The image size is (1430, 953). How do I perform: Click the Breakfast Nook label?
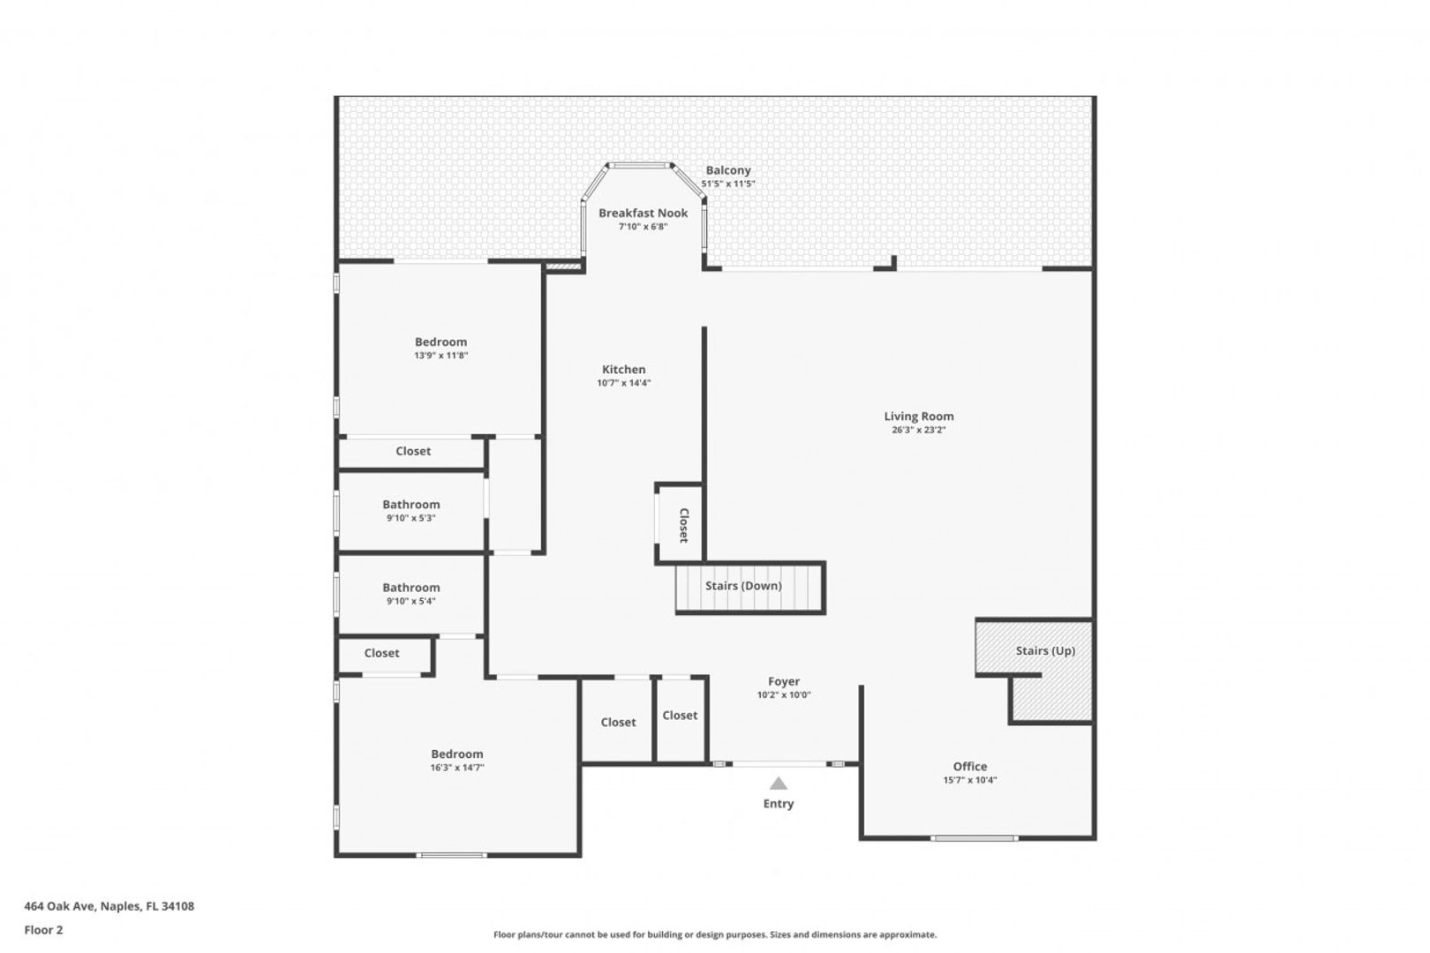pos(643,214)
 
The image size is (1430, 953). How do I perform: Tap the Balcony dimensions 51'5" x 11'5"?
pos(727,184)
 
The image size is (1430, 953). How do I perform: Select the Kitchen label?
pos(624,370)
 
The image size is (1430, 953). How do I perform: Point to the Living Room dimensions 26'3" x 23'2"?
pos(919,431)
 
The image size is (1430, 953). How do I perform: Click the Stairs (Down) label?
pos(743,585)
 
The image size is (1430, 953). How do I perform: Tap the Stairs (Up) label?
pos(1046,650)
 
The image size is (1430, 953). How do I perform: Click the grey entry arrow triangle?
pos(779,784)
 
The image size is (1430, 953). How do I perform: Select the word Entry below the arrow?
pos(779,804)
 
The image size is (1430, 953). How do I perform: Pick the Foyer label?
pos(784,682)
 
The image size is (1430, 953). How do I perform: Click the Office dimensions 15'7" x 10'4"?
pos(970,780)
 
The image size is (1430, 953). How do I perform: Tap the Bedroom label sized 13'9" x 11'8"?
pos(440,342)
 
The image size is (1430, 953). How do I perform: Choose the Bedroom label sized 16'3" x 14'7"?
pos(457,754)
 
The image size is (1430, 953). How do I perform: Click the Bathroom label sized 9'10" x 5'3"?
pos(411,504)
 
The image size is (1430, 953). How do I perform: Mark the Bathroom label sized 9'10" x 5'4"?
pos(411,588)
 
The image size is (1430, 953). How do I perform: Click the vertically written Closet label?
pos(684,525)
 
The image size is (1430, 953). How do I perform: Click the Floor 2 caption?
pos(43,929)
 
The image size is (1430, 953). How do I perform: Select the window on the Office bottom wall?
pos(975,838)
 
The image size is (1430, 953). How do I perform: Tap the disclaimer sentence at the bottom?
pos(715,934)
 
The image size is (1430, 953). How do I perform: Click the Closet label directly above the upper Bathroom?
pos(413,451)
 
